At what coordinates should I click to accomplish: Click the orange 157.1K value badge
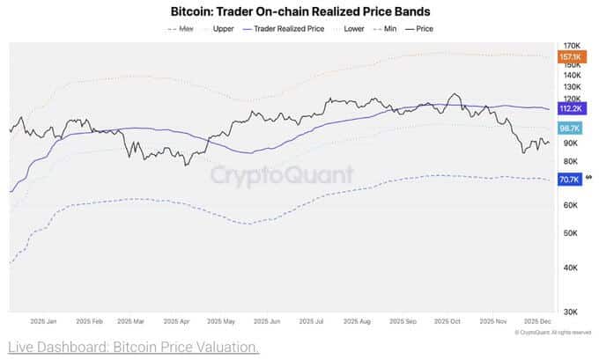click(569, 56)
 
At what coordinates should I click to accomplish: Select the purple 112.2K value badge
click(570, 108)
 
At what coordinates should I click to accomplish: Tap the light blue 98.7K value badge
click(569, 128)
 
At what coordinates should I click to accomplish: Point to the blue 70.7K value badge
click(569, 180)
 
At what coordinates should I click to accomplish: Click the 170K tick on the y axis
click(571, 45)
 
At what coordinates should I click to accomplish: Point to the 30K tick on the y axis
click(571, 312)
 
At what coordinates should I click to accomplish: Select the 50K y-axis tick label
click(571, 233)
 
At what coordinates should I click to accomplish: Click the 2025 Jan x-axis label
click(43, 322)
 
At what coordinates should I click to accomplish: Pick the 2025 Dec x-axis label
click(538, 322)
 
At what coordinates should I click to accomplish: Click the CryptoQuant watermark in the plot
click(282, 174)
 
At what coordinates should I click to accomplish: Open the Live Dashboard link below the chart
click(132, 347)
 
